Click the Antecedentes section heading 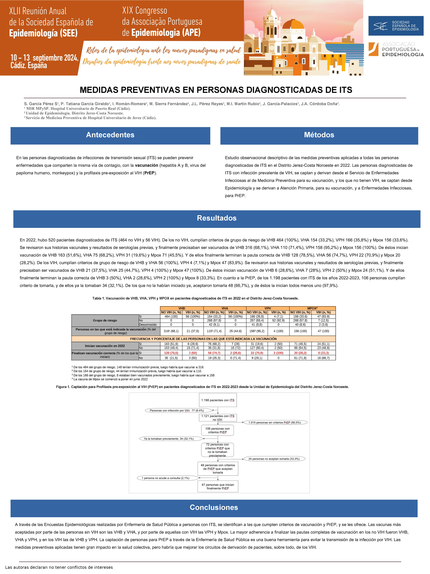pos(110,135)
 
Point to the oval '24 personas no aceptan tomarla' pos(274,459)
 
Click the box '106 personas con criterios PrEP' pos(217,430)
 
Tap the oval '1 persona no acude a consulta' pos(166,478)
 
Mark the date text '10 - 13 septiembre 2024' pos(44,58)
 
